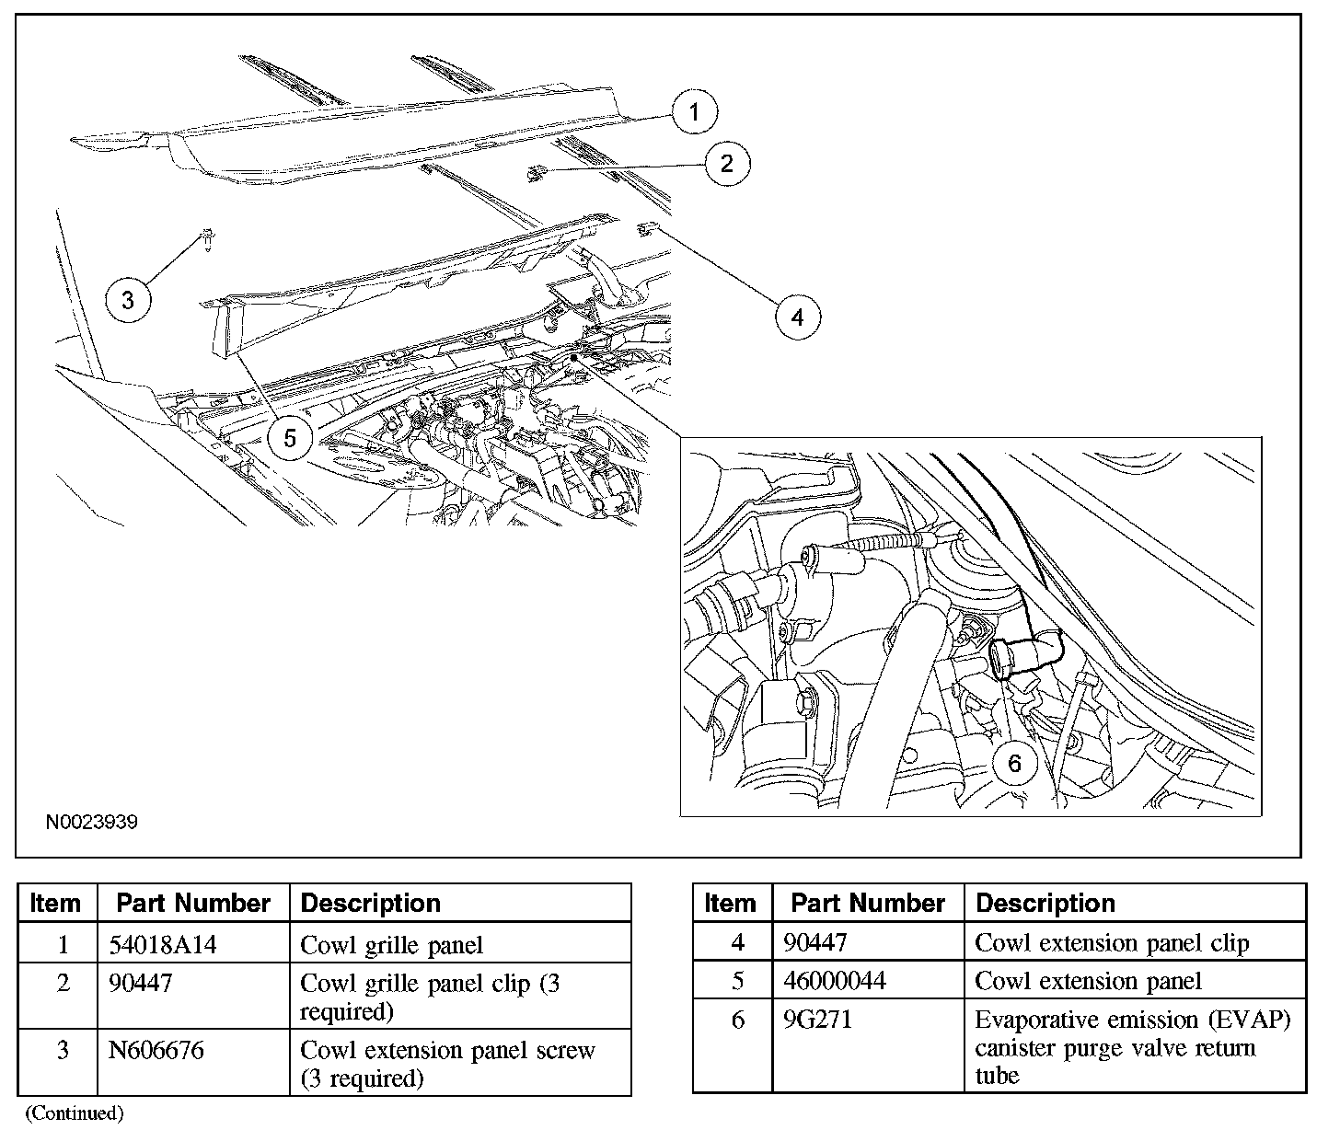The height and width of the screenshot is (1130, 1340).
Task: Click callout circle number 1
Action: pyautogui.click(x=694, y=111)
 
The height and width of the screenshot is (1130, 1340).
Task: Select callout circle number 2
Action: pyautogui.click(x=727, y=164)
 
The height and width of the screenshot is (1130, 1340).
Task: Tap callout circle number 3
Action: pyautogui.click(x=128, y=300)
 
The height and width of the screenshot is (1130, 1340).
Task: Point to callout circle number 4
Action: pyautogui.click(x=798, y=317)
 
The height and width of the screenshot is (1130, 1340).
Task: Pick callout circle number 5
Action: pyautogui.click(x=290, y=438)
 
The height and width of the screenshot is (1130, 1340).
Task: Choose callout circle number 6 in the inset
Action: pyautogui.click(x=1014, y=763)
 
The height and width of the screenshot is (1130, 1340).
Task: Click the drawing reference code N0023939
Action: pyautogui.click(x=92, y=822)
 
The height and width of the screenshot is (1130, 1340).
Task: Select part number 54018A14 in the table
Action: pyautogui.click(x=162, y=944)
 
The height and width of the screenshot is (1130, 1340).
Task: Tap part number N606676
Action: pyautogui.click(x=156, y=1050)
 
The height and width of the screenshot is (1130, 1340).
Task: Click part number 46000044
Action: pyautogui.click(x=835, y=981)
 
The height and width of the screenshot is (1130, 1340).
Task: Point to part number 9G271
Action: pyautogui.click(x=817, y=1020)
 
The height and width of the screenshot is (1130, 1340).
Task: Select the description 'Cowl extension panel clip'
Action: pyautogui.click(x=1112, y=943)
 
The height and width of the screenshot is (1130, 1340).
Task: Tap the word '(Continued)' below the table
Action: pyautogui.click(x=75, y=1113)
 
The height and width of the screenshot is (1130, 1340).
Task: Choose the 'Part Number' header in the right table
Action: pyautogui.click(x=868, y=903)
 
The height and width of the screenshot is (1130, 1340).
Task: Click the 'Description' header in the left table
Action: pyautogui.click(x=370, y=904)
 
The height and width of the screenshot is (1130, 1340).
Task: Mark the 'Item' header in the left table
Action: pyautogui.click(x=55, y=904)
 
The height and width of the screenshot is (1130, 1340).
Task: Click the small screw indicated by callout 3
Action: pyautogui.click(x=207, y=238)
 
